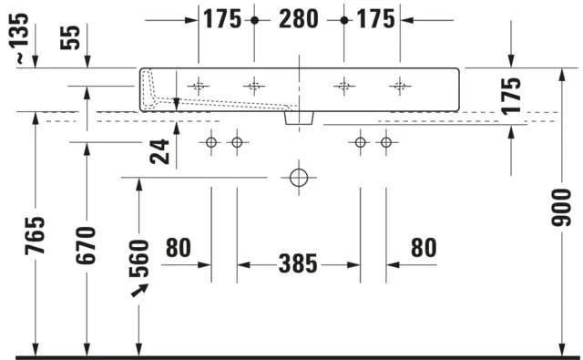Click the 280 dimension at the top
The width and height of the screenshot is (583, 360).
point(299,19)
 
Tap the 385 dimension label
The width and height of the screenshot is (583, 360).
point(298,263)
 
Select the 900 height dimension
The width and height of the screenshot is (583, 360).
point(561,208)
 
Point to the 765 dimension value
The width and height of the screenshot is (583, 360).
point(35,235)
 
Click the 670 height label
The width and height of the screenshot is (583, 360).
point(86,245)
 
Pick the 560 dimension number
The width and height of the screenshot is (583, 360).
point(139,259)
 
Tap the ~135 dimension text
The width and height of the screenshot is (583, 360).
point(18,38)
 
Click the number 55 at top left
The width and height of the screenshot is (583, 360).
point(70,37)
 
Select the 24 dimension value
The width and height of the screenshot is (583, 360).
point(159,151)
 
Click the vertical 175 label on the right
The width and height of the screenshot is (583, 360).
point(511,96)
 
